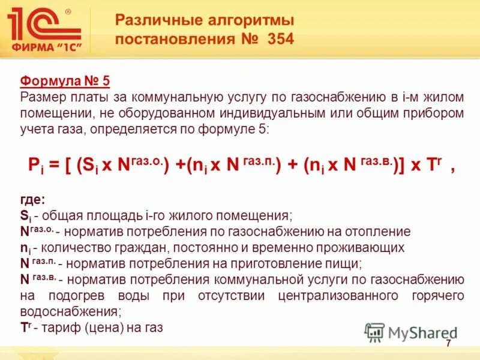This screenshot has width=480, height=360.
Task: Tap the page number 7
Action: (448, 343)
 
